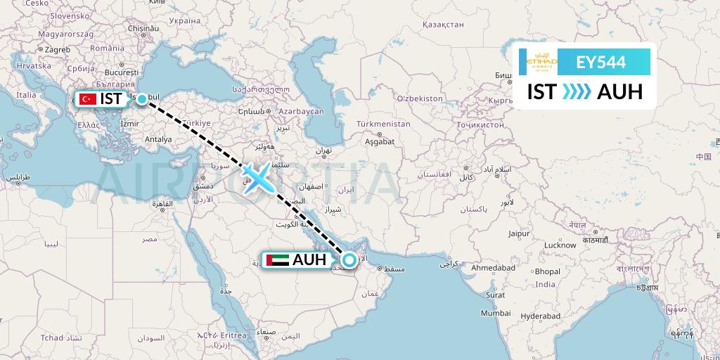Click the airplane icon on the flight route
tap(257, 176)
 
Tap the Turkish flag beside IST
tap(88, 99)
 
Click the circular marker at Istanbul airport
tap(142, 99)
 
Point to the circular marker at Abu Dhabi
tap(349, 259)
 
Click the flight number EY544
tap(600, 62)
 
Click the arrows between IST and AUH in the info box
tap(577, 92)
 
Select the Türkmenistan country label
tap(383, 124)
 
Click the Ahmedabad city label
tap(494, 268)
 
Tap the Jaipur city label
tap(519, 233)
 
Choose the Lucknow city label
tap(560, 245)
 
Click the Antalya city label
tap(158, 139)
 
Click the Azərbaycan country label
tap(301, 111)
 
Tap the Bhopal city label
tap(547, 271)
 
